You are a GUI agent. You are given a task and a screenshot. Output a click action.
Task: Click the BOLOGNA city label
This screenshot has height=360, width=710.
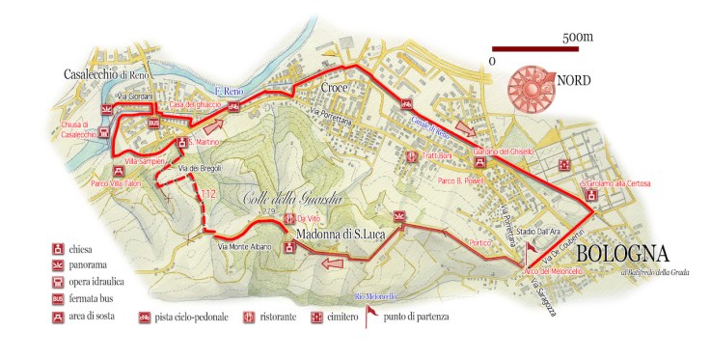[622, 255]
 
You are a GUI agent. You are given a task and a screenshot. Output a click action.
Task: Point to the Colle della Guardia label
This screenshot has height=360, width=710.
[282, 200]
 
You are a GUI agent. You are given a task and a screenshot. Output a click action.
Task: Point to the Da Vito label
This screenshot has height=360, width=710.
[310, 218]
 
